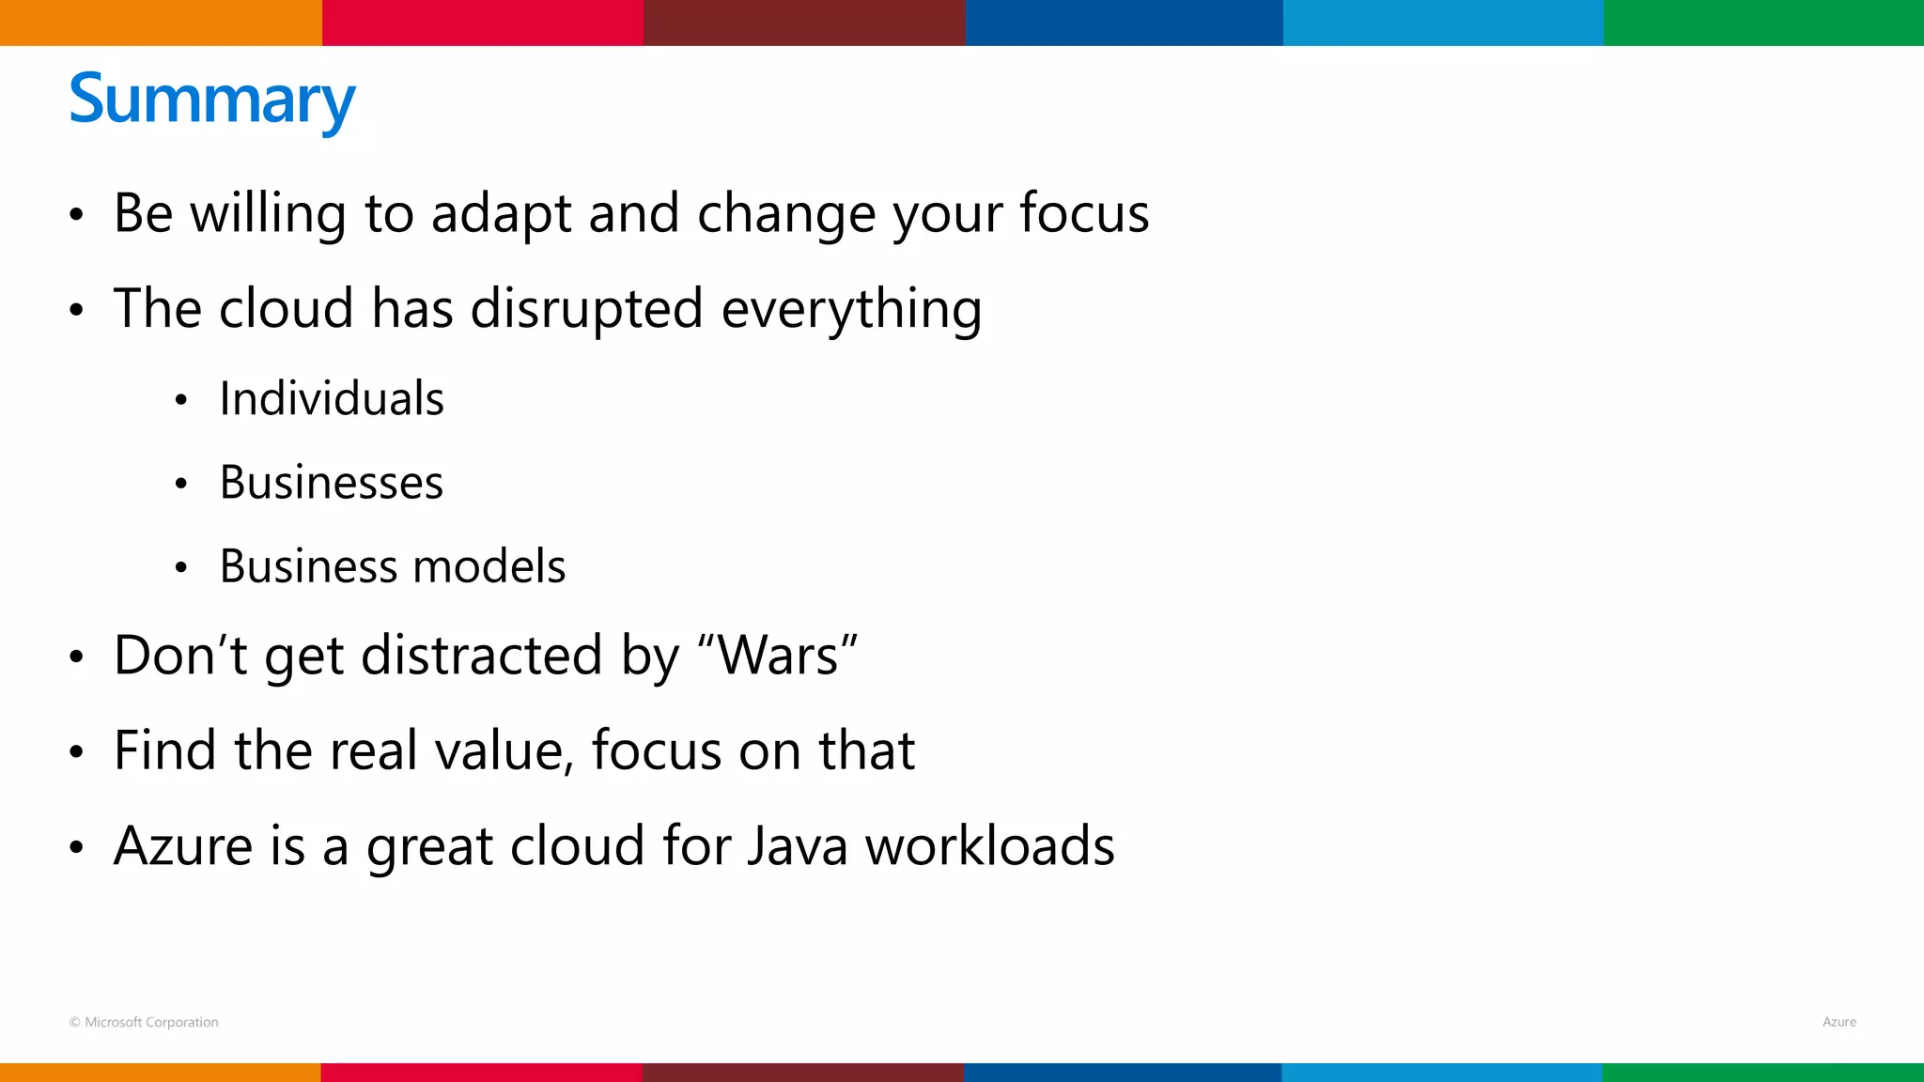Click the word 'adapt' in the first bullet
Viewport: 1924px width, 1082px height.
[x=501, y=213]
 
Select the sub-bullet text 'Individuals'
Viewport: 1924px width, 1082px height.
[x=332, y=398]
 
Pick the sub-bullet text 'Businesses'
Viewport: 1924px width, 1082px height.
[x=332, y=483]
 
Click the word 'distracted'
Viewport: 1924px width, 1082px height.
[x=481, y=655]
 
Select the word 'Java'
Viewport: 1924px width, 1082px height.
[x=799, y=845]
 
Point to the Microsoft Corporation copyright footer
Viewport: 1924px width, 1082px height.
[x=144, y=1022]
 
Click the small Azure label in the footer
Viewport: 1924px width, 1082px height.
[x=1839, y=1022]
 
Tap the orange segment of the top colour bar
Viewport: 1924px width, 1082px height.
[x=160, y=23]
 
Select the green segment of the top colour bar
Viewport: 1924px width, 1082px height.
[x=1763, y=23]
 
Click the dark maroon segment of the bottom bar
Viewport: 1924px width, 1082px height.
[x=802, y=1073]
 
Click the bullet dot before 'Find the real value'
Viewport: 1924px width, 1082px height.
[x=77, y=752]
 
